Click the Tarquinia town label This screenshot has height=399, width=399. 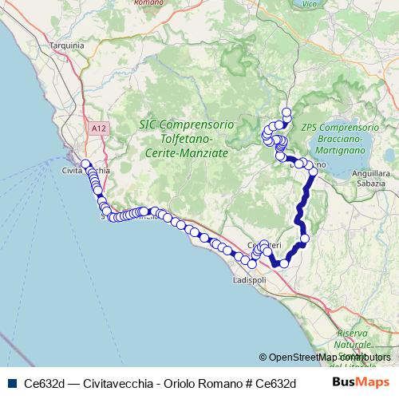click(x=66, y=45)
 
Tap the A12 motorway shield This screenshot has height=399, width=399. click(x=98, y=128)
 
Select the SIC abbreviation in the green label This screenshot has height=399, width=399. click(x=148, y=125)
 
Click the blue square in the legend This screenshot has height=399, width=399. click(x=10, y=381)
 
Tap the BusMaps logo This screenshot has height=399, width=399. click(x=361, y=381)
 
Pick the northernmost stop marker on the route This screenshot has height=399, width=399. click(x=286, y=111)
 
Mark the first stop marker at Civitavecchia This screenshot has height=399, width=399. click(x=85, y=164)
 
